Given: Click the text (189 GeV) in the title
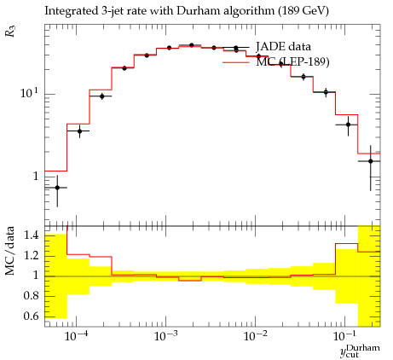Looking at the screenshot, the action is [x=303, y=11].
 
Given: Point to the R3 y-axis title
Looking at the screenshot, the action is [x=10, y=31].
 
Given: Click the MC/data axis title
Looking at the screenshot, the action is [x=9, y=251].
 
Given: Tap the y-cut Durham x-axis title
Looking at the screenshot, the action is [x=360, y=351].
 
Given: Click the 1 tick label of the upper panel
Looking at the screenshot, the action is [x=35, y=177].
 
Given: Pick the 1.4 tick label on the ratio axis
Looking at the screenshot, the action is [x=31, y=235].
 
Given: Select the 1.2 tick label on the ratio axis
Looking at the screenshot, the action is [x=31, y=255].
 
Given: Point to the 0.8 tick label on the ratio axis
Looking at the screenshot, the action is [x=31, y=295].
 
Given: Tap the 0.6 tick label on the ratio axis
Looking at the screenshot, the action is [x=31, y=316].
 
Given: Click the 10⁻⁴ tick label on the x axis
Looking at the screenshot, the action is [x=76, y=336].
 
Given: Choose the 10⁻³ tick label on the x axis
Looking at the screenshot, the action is [x=165, y=336].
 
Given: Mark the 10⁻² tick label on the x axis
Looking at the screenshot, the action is [x=255, y=336].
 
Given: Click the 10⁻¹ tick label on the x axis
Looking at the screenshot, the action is [x=344, y=336].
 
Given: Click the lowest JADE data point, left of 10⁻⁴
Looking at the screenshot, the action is [x=57, y=188].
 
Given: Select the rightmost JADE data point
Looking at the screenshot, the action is [x=371, y=161].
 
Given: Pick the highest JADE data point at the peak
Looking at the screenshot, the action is [x=192, y=45].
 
